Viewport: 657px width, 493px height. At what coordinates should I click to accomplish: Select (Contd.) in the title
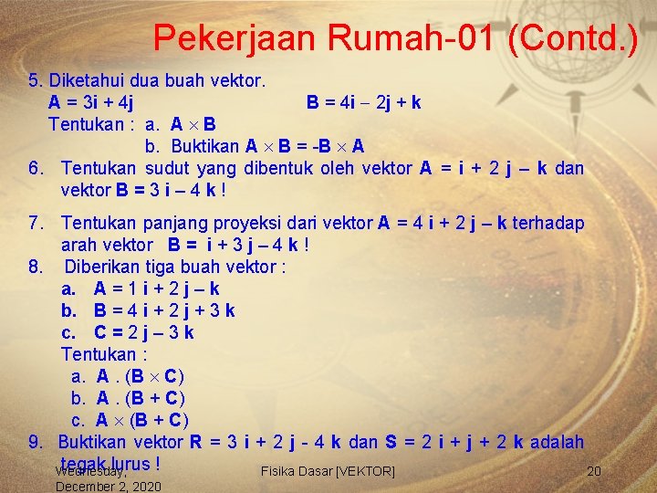coord(573,38)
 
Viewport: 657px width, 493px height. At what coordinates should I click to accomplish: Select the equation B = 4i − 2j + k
coord(363,101)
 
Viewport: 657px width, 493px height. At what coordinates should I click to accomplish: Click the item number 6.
coord(36,168)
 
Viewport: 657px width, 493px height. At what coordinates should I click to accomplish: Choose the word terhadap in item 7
coord(561,223)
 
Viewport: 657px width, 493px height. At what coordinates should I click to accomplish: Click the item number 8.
coord(36,267)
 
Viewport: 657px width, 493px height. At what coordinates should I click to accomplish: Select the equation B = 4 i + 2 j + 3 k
coord(164,310)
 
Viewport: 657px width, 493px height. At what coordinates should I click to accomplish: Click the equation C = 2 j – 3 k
coord(143,332)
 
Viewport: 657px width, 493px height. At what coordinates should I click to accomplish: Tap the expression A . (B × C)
coord(141,376)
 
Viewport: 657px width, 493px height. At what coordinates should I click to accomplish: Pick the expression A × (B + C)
coord(142,420)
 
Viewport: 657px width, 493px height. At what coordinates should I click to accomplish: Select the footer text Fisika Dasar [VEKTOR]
coord(328,471)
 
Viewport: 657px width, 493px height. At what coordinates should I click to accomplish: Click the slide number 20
coord(594,471)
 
